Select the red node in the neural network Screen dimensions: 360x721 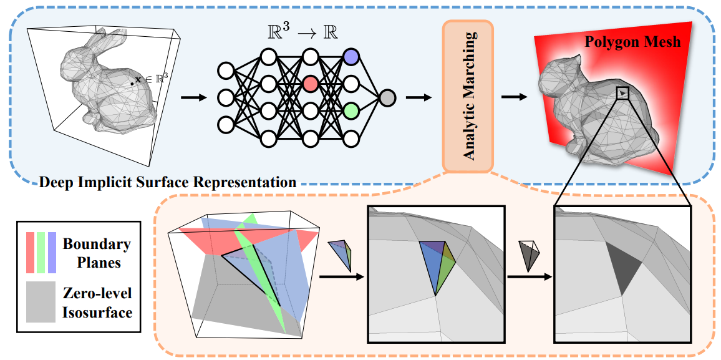(x=311, y=84)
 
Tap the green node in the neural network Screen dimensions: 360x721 (x=351, y=110)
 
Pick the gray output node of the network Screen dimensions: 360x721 (x=387, y=97)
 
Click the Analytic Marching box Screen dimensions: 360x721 (x=468, y=95)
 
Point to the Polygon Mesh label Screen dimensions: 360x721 (x=632, y=42)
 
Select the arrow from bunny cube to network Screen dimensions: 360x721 (x=193, y=97)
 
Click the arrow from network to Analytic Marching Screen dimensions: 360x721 (x=419, y=97)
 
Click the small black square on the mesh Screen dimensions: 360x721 (x=622, y=94)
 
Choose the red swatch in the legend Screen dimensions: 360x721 (x=30, y=252)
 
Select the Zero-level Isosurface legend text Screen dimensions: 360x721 (x=97, y=302)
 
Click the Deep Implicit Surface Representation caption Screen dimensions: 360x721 (x=167, y=183)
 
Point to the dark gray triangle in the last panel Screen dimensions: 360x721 (x=626, y=268)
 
